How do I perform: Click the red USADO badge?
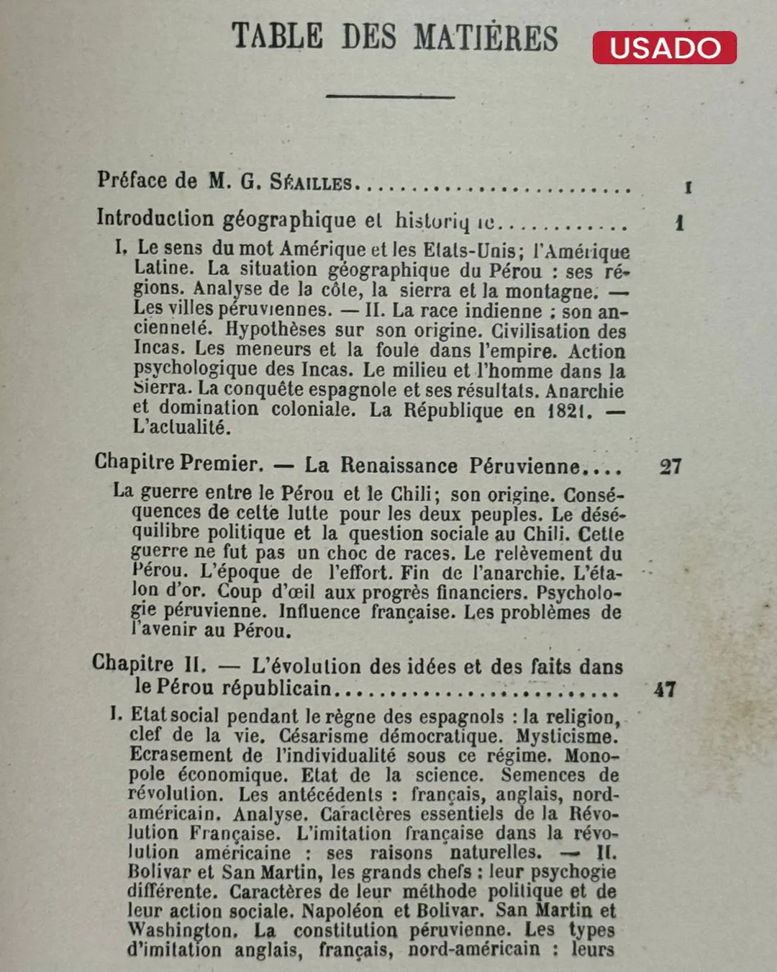pyautogui.click(x=664, y=48)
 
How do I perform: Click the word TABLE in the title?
pyautogui.click(x=277, y=36)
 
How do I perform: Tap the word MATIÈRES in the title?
pyautogui.click(x=486, y=37)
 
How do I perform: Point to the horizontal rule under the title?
pyautogui.click(x=390, y=96)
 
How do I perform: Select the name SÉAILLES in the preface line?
pyautogui.click(x=311, y=182)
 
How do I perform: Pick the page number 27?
pyautogui.click(x=671, y=467)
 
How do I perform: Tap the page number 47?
pyautogui.click(x=665, y=690)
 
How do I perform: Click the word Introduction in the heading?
pyautogui.click(x=155, y=218)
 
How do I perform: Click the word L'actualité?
pyautogui.click(x=182, y=428)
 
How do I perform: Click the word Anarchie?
pyautogui.click(x=584, y=391)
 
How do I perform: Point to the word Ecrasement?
pyautogui.click(x=181, y=755)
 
